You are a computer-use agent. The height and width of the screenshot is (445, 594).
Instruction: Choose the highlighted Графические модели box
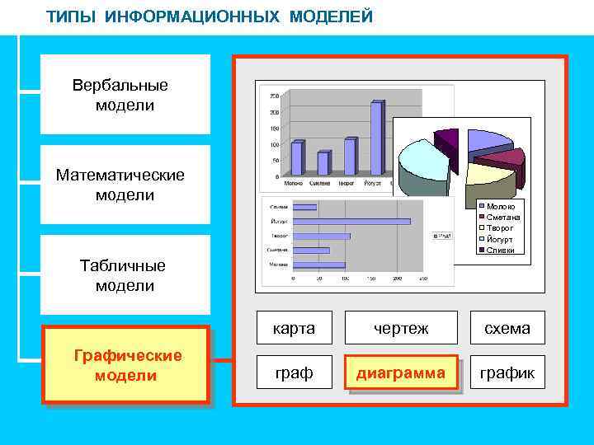click(x=125, y=365)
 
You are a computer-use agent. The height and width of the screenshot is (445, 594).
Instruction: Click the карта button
click(x=295, y=328)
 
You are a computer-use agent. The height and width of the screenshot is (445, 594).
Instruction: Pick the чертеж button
click(x=401, y=328)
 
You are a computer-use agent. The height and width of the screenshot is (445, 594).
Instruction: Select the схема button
click(x=507, y=328)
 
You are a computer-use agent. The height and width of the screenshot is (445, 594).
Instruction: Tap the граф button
click(x=295, y=372)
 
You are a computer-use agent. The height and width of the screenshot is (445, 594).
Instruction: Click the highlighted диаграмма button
click(x=401, y=372)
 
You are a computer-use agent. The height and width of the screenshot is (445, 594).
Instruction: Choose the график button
click(x=507, y=372)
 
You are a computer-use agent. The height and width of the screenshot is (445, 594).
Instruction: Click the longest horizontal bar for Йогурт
click(x=351, y=221)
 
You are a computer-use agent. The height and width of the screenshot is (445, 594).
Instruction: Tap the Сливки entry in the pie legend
click(x=500, y=250)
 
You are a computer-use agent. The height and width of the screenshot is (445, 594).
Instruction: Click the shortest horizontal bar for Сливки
click(x=305, y=206)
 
